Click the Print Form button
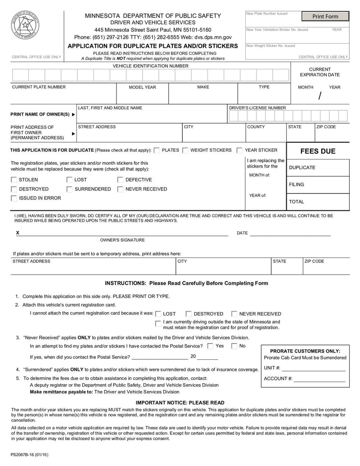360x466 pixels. tap(325, 17)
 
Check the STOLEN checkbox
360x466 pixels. tap(13, 180)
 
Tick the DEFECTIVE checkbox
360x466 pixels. tap(120, 180)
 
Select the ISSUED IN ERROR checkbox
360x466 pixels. tap(13, 198)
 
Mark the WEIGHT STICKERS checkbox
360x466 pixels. tap(185, 150)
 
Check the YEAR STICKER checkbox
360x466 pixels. tap(240, 150)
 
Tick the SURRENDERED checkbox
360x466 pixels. tap(69, 189)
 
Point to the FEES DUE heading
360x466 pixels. tap(318, 151)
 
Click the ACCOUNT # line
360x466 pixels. tap(319, 379)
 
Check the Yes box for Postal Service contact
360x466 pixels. tap(210, 346)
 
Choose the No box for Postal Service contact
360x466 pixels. tap(234, 346)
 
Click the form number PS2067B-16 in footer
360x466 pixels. tap(30, 455)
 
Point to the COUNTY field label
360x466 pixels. tap(256, 127)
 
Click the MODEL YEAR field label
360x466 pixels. tap(142, 87)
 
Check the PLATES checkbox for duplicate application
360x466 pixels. tap(157, 150)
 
